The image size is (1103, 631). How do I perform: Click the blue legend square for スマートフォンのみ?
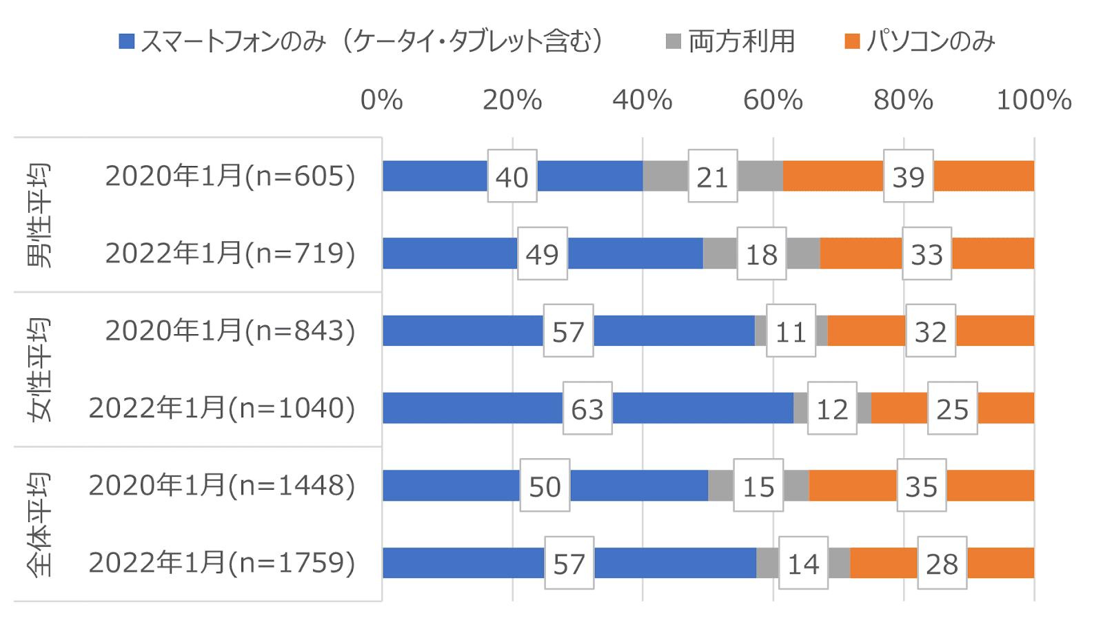click(127, 41)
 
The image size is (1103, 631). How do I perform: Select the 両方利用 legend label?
click(742, 41)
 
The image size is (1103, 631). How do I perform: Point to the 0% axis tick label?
click(381, 101)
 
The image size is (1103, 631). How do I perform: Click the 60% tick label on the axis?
click(773, 101)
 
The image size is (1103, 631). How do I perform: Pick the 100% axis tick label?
click(1033, 101)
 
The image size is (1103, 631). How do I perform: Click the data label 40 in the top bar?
click(512, 176)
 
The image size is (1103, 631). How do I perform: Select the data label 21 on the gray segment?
click(713, 176)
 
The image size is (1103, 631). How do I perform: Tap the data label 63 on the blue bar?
click(587, 408)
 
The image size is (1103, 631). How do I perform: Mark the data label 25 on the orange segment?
click(953, 408)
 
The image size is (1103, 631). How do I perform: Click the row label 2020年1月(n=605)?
click(230, 176)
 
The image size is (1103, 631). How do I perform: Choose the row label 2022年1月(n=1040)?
click(222, 408)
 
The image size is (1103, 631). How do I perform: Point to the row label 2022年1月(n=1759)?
click(222, 563)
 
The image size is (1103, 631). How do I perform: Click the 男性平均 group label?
click(39, 215)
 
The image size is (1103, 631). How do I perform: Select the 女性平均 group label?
click(39, 369)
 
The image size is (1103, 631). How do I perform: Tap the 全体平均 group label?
click(39, 524)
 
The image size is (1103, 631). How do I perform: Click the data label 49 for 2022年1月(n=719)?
click(543, 254)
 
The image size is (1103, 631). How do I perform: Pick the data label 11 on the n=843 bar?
click(791, 331)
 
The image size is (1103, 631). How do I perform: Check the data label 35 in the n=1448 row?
click(922, 486)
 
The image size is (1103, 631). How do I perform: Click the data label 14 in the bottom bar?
click(804, 563)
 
